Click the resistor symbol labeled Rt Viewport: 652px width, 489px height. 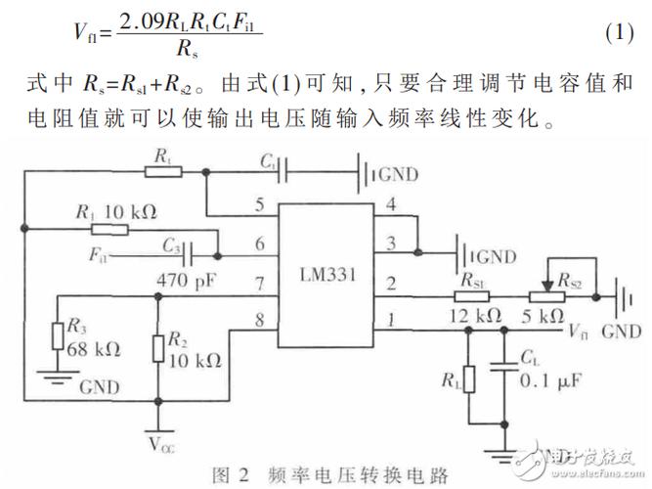(x=161, y=170)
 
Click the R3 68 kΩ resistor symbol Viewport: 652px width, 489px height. (x=60, y=334)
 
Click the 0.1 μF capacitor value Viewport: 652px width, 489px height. (x=543, y=379)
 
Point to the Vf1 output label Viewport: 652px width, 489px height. (x=584, y=333)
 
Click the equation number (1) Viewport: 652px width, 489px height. (x=620, y=31)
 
